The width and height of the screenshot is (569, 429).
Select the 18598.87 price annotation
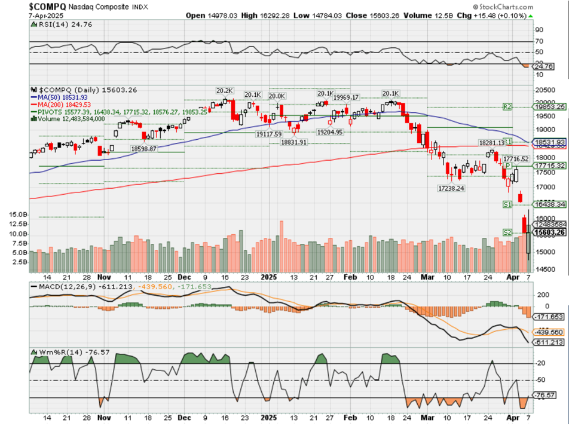coord(143,148)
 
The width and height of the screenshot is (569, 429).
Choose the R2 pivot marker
coord(507,106)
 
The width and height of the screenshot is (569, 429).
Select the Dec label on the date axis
coord(184,277)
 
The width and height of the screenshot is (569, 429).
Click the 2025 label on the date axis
coord(267,277)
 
